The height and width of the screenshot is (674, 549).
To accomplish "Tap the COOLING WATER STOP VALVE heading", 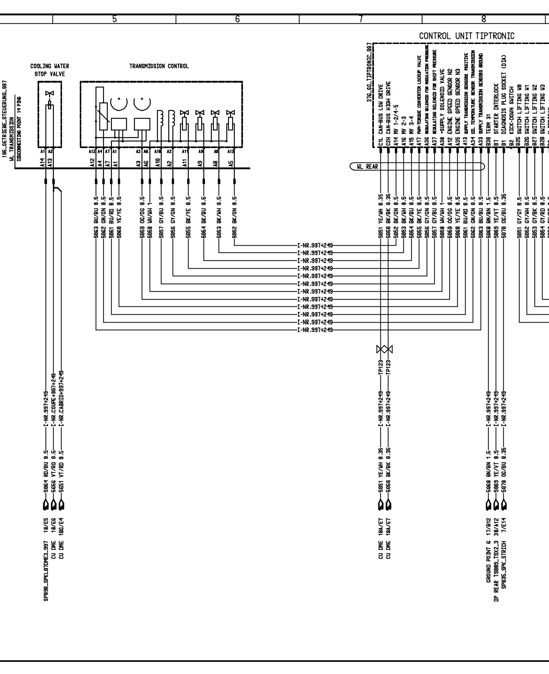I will click(x=50, y=70).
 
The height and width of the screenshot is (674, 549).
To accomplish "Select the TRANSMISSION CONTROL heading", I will click(x=159, y=66).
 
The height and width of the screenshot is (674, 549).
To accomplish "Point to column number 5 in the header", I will click(x=115, y=19).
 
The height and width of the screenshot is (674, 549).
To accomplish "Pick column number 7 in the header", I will click(x=361, y=19).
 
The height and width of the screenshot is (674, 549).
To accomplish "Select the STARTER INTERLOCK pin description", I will click(x=496, y=110).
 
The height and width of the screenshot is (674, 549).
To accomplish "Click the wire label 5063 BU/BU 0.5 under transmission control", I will click(x=96, y=218).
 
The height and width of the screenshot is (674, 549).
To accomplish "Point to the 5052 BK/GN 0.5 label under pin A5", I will click(x=235, y=218).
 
